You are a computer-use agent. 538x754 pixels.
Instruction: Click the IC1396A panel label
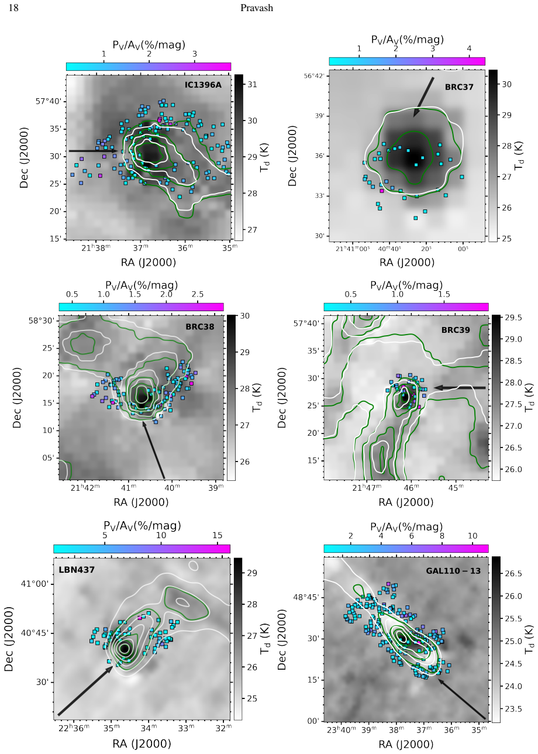pos(203,85)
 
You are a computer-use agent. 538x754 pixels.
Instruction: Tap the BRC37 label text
pos(459,87)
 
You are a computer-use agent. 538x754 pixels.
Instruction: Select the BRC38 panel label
pos(199,326)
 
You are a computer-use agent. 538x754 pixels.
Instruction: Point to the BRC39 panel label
pos(456,330)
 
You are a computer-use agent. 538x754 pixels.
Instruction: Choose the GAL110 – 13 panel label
pos(453,571)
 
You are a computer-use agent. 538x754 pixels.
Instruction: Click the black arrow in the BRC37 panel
pos(423,97)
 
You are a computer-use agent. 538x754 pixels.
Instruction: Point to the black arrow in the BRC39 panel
pos(460,388)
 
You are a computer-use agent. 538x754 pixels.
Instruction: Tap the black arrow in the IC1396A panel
pos(94,151)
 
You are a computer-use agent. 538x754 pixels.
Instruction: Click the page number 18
pos(13,8)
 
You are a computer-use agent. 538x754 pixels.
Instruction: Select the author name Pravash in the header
pos(256,8)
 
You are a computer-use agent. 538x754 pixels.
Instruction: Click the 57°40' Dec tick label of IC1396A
pos(49,101)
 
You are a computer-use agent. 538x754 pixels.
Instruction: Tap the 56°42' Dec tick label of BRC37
pos(314,75)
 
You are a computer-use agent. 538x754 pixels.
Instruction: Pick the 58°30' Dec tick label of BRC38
pos(42,320)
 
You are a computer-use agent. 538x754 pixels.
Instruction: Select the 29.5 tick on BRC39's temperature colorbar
pos(512,318)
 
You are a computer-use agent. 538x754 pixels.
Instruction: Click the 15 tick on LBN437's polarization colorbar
pos(218,535)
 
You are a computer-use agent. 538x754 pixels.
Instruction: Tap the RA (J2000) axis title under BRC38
pos(141,502)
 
